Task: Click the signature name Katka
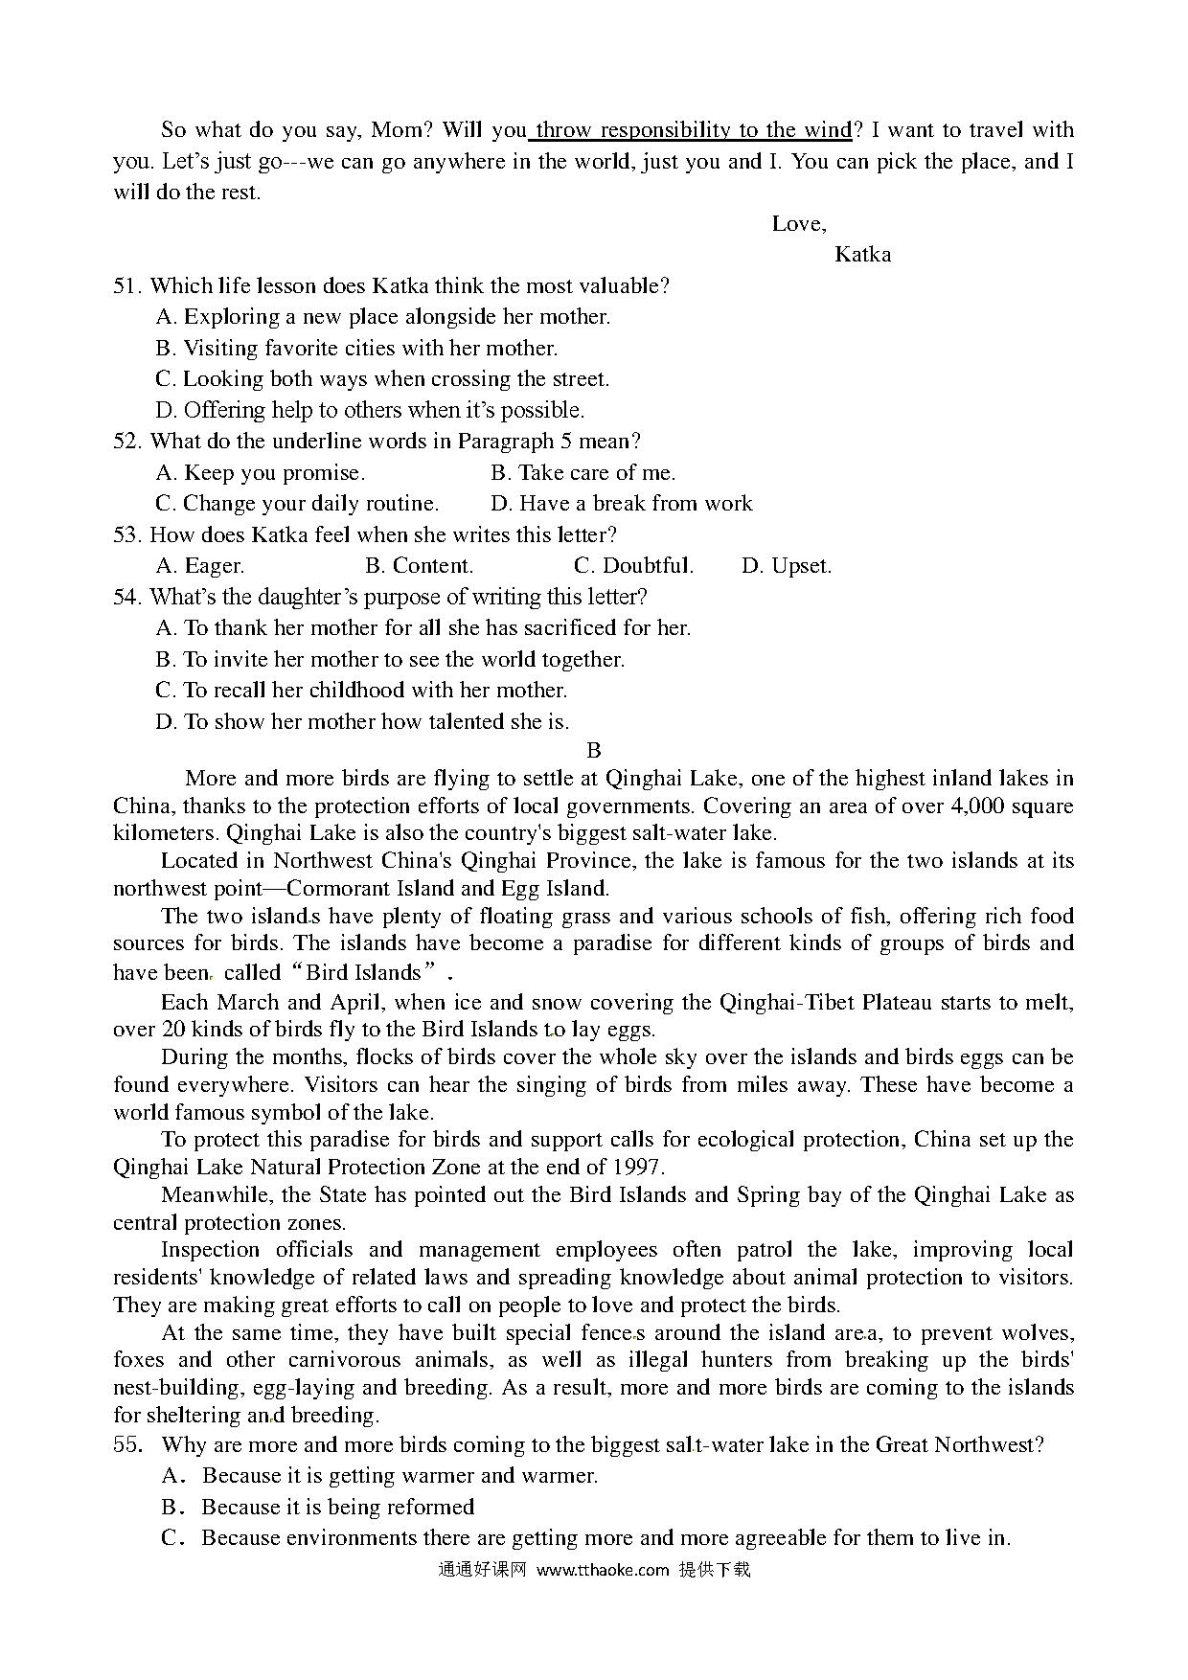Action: click(862, 255)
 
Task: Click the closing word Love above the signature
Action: click(798, 224)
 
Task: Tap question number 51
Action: click(127, 286)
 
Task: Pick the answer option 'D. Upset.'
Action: click(787, 566)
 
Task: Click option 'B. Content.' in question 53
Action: click(420, 566)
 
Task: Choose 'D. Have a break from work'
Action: click(622, 504)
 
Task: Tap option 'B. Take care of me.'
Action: click(583, 473)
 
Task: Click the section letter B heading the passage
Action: click(594, 751)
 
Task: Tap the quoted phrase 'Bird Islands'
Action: click(364, 973)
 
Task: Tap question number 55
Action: click(128, 1445)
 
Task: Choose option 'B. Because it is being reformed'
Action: click(318, 1508)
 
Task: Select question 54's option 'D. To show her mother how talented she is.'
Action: click(362, 722)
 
